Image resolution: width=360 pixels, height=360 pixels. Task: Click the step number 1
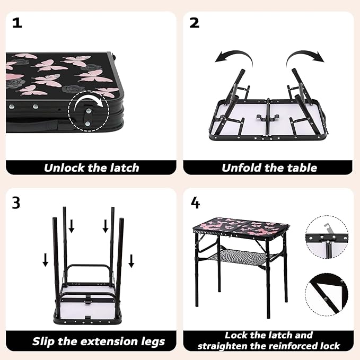tap(17, 23)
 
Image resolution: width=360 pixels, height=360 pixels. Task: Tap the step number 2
tap(194, 23)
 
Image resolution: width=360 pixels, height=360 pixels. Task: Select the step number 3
tap(16, 203)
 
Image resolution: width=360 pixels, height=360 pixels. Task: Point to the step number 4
tap(196, 203)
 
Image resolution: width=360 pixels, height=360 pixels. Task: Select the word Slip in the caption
tap(43, 341)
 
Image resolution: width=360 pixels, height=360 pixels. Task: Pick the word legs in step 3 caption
tap(153, 342)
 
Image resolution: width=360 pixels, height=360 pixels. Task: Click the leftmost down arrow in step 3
tap(46, 260)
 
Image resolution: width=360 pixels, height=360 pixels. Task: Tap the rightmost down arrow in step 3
tap(131, 261)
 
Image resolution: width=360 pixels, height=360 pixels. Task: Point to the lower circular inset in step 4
tap(327, 294)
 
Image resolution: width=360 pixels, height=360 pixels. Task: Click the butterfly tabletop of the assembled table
tap(241, 226)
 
